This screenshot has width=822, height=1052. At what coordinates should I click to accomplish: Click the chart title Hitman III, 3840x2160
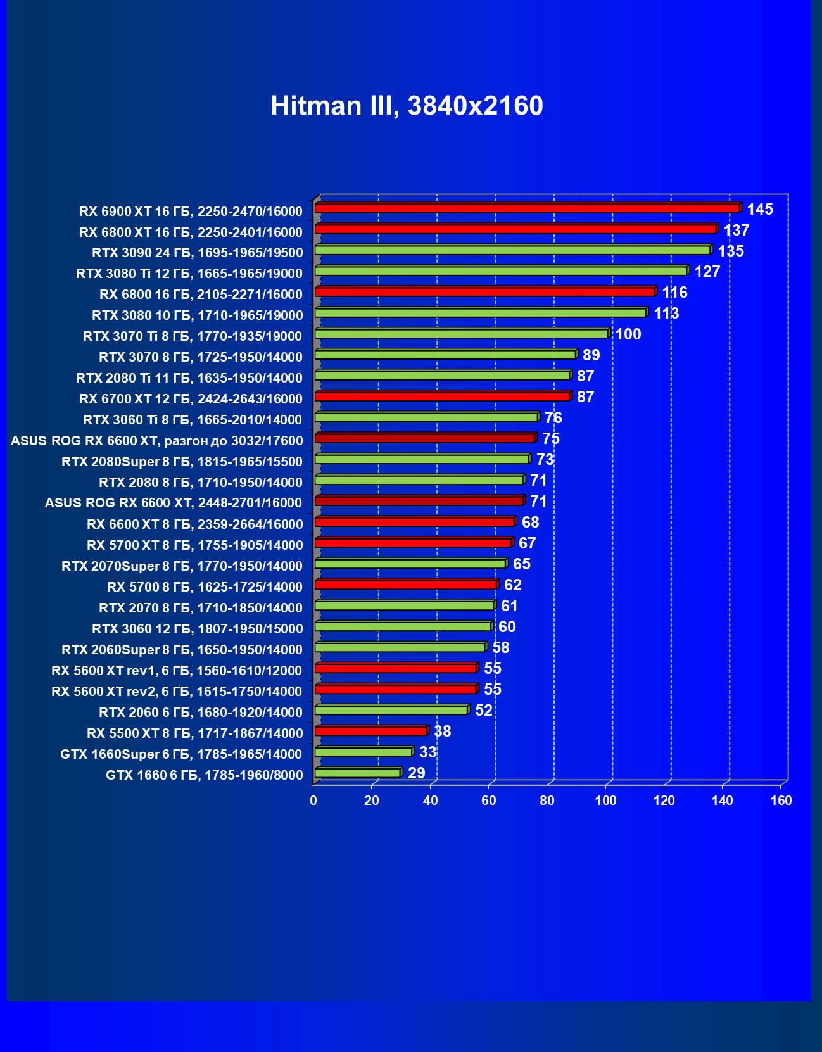click(407, 106)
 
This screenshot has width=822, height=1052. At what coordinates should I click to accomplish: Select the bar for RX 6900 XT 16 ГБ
click(527, 208)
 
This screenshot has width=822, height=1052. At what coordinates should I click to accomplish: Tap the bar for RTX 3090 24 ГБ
click(512, 250)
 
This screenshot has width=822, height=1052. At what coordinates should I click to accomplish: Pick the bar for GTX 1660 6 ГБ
click(358, 773)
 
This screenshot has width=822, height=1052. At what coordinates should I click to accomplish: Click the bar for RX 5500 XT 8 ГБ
click(371, 731)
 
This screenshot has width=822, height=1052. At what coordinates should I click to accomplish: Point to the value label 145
click(760, 210)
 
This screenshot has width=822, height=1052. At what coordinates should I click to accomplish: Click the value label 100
click(628, 334)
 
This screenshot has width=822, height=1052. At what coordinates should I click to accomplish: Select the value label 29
click(416, 773)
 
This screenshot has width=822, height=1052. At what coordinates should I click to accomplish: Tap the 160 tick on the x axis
click(781, 801)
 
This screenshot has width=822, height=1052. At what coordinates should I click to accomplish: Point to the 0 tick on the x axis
click(313, 801)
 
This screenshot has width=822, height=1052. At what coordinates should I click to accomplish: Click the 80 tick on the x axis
click(547, 801)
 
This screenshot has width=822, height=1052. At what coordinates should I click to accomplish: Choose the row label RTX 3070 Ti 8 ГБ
click(193, 336)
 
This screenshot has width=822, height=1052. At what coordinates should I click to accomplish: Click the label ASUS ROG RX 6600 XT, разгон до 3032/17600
click(157, 441)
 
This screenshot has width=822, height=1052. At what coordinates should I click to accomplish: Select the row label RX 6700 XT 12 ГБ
click(191, 399)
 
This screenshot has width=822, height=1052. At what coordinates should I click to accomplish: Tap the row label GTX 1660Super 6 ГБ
click(181, 754)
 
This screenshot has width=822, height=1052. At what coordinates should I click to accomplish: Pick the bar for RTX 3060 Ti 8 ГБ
click(426, 417)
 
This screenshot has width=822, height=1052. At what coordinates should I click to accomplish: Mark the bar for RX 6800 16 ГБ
click(485, 292)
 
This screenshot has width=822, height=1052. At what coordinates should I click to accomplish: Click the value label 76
click(553, 418)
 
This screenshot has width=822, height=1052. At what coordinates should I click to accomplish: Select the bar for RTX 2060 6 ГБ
click(391, 710)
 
